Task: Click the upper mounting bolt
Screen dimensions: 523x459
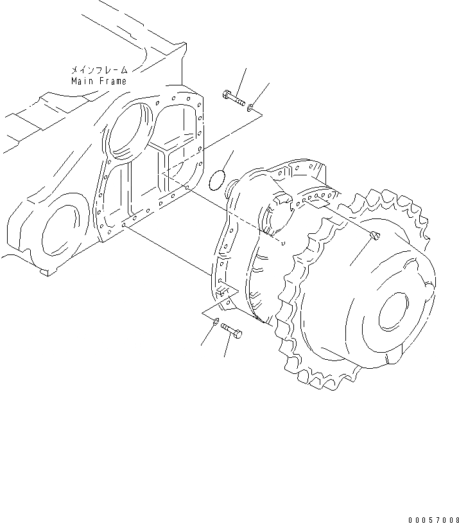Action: (234, 98)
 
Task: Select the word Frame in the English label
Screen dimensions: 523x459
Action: (114, 81)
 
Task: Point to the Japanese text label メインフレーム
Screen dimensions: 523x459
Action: (100, 69)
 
